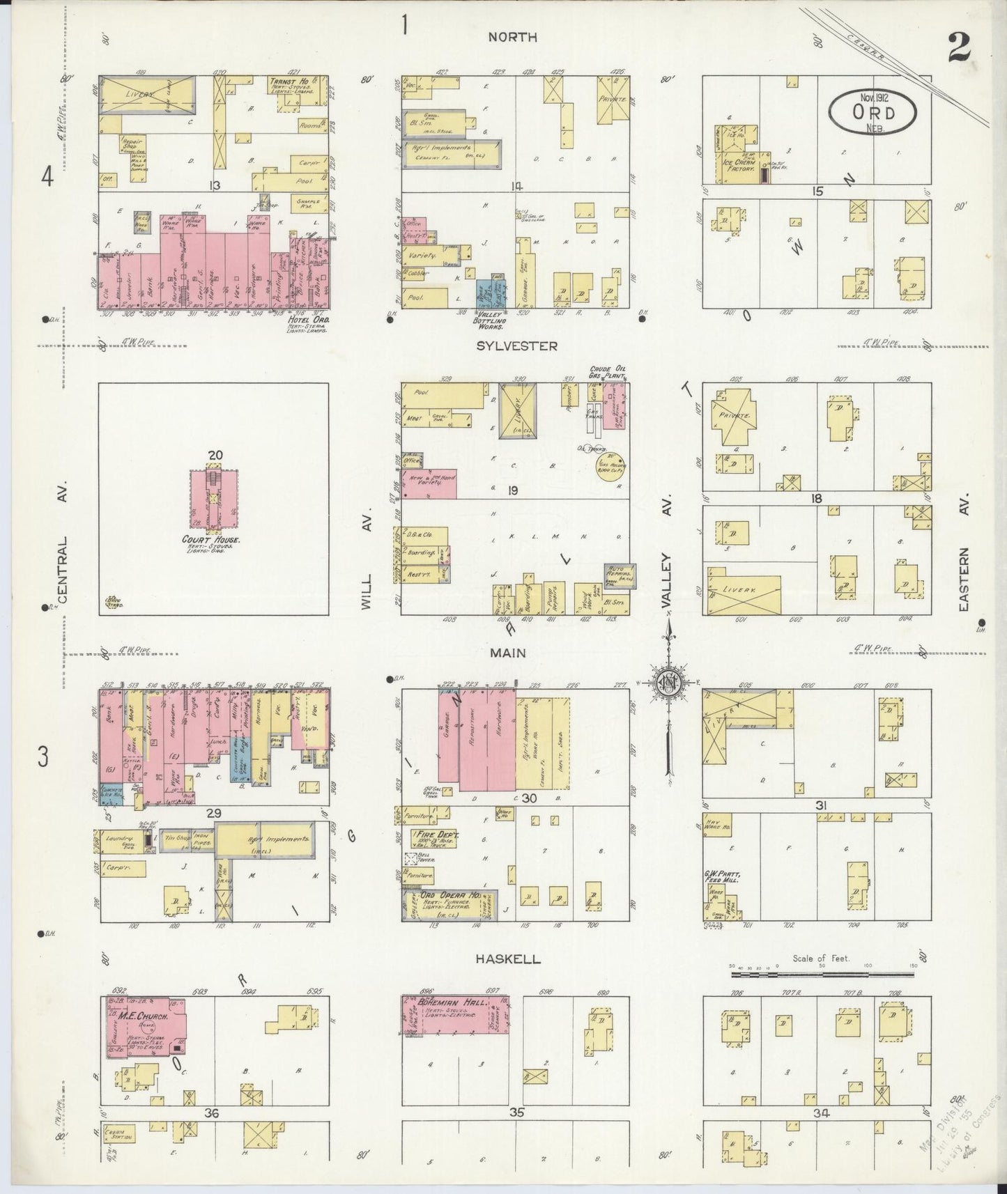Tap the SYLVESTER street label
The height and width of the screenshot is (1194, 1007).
coord(516,345)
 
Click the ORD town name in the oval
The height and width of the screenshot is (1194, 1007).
coord(873,113)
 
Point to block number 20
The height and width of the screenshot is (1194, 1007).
coord(215,455)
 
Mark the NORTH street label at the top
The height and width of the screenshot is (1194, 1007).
coord(512,37)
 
